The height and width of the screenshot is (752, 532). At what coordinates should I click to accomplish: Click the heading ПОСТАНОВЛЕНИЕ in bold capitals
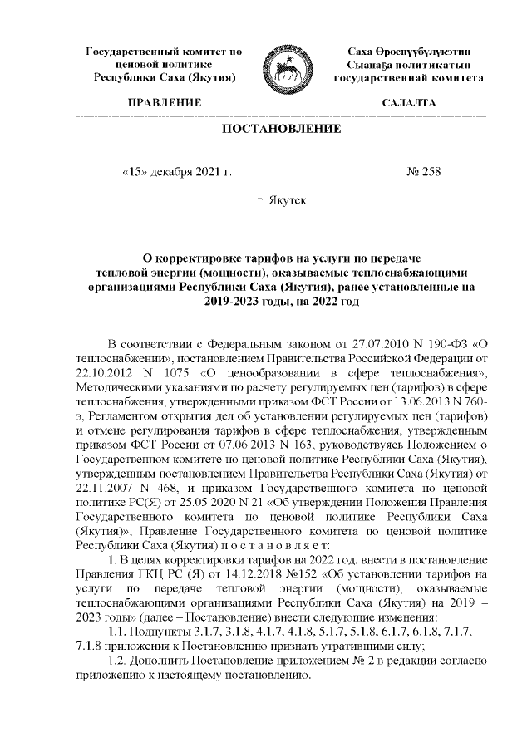[x=281, y=130]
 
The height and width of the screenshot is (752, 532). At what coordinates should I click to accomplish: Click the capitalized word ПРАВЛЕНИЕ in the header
[x=164, y=104]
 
